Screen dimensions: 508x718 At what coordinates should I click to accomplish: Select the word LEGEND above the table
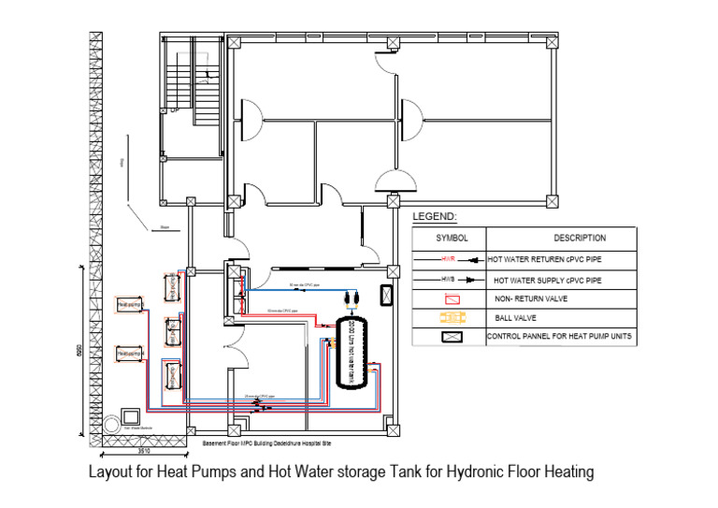click(x=435, y=217)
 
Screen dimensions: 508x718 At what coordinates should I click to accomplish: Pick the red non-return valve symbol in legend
click(x=452, y=299)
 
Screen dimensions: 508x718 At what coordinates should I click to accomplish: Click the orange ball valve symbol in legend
click(x=451, y=317)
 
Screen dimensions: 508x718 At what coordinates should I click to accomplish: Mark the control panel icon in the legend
click(x=452, y=334)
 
